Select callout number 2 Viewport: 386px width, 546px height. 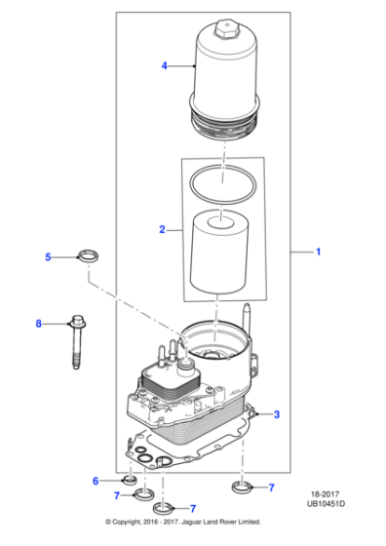[x=163, y=230]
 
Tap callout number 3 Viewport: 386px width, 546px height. [x=277, y=414]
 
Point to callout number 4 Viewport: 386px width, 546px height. [x=164, y=65]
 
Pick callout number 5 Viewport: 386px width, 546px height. [x=47, y=257]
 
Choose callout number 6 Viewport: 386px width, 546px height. [x=96, y=481]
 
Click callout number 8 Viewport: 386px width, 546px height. [x=39, y=323]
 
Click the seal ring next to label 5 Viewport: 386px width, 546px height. [x=89, y=257]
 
